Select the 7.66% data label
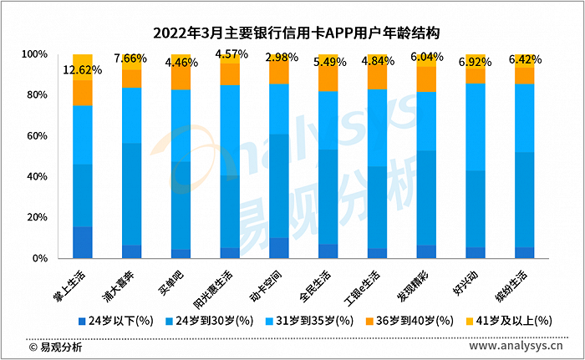tap(131, 58)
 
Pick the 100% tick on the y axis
tap(33, 54)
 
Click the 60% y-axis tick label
tap(36, 136)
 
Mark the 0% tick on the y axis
tap(39, 259)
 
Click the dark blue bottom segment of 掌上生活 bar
tap(83, 242)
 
